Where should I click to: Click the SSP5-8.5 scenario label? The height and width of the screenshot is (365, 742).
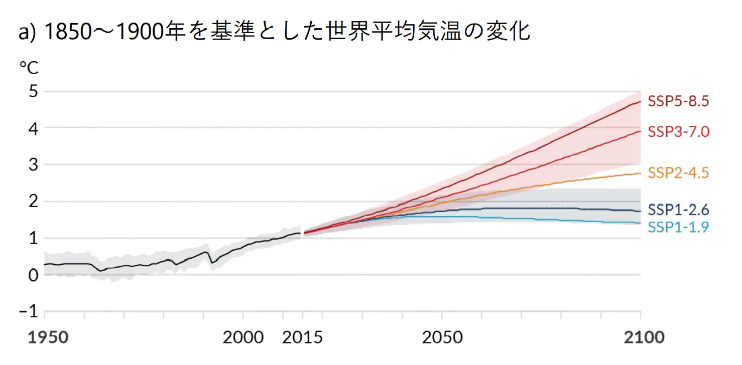click(678, 101)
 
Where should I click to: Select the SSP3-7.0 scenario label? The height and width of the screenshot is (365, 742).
click(678, 132)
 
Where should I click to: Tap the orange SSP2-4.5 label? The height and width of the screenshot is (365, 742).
click(678, 173)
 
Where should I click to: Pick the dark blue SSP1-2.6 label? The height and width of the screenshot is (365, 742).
click(678, 209)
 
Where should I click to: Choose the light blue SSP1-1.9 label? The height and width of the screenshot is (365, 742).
click(678, 227)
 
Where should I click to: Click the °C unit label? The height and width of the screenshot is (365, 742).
click(29, 67)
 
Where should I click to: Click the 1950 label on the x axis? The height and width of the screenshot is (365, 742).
click(48, 337)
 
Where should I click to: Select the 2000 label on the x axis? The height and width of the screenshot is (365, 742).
click(243, 337)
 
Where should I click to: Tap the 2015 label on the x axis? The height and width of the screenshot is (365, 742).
click(302, 337)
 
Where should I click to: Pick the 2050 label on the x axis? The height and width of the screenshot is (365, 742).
click(442, 337)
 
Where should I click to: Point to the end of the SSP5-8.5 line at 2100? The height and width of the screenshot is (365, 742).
click(640, 101)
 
